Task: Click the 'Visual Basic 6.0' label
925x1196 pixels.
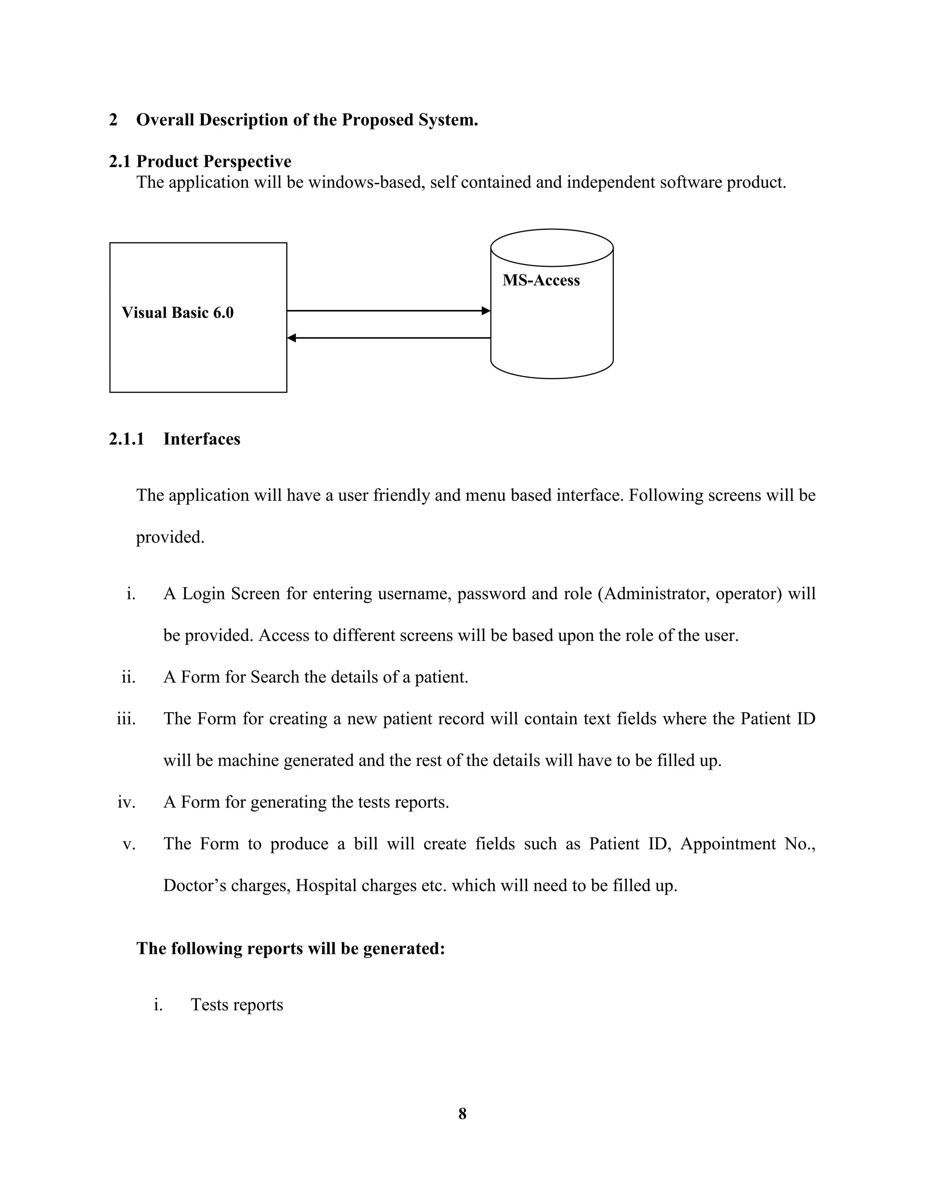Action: click(x=178, y=313)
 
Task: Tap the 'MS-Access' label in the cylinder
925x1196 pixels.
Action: click(x=541, y=280)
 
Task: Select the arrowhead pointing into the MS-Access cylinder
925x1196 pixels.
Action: click(x=486, y=311)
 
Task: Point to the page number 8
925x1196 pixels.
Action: click(x=462, y=1113)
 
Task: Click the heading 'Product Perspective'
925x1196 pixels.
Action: click(x=214, y=162)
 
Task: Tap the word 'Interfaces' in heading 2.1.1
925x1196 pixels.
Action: click(x=201, y=439)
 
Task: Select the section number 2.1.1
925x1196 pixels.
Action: click(x=126, y=439)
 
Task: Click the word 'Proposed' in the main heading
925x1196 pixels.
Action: click(x=378, y=120)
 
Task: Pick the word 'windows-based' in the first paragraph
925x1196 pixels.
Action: click(x=367, y=182)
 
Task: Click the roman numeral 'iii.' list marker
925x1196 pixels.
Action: click(x=126, y=719)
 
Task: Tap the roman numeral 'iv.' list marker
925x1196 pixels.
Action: click(x=126, y=802)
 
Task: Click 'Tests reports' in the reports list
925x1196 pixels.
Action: click(x=237, y=1005)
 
